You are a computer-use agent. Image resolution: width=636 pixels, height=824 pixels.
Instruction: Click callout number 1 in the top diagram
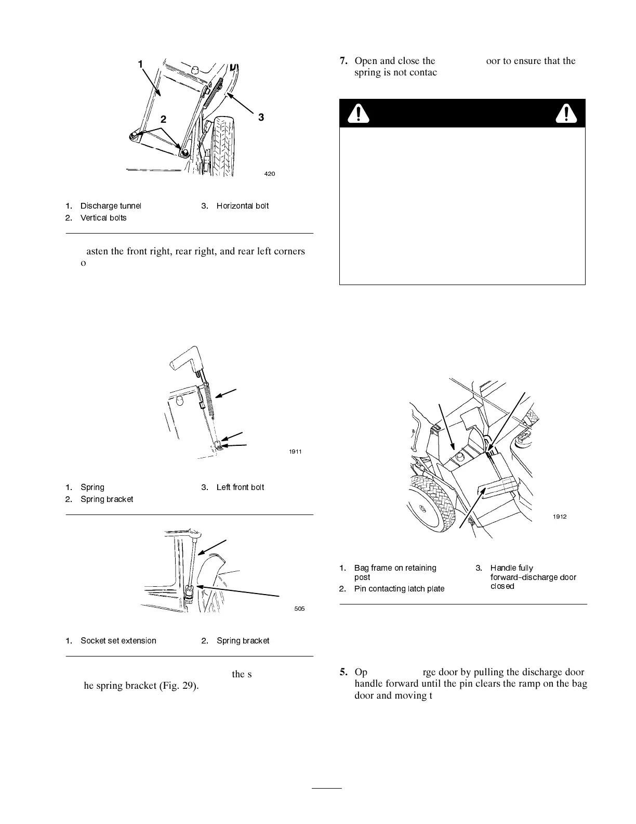[140, 64]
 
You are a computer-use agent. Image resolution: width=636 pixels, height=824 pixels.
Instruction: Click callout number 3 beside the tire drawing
[261, 118]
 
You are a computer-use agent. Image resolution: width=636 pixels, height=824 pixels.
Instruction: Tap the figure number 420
[270, 174]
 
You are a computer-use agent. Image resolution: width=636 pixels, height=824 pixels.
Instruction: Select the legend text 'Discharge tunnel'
[110, 206]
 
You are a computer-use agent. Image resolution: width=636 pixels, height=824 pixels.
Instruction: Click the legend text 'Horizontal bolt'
[243, 206]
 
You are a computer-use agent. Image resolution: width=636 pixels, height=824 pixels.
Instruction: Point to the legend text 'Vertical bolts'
[103, 218]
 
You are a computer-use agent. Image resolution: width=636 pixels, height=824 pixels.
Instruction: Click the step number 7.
[343, 61]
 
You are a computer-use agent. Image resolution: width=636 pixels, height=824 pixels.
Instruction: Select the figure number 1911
[296, 452]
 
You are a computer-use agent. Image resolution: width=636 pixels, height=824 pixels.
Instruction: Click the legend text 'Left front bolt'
[240, 487]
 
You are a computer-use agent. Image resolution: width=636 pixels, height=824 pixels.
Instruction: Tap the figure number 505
[299, 609]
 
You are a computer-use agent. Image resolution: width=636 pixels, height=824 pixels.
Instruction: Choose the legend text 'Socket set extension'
[118, 641]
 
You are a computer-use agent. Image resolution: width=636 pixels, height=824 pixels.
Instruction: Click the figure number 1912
[560, 517]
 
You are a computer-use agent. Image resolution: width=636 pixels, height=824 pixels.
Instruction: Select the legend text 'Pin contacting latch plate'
[399, 589]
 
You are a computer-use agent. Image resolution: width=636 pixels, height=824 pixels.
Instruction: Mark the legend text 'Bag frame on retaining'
[395, 568]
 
